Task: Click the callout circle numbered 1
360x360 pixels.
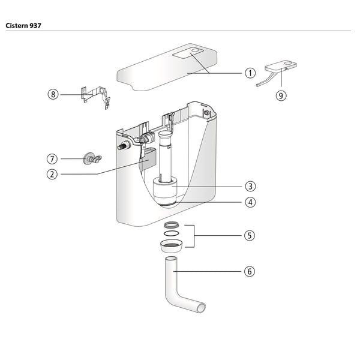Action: click(250, 73)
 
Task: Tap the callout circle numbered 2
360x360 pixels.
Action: click(53, 175)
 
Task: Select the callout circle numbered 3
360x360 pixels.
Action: click(250, 187)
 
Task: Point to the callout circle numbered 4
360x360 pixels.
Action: click(250, 202)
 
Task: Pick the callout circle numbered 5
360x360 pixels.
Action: click(250, 236)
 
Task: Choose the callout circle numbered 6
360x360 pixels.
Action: click(250, 271)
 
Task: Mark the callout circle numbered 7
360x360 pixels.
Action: click(53, 159)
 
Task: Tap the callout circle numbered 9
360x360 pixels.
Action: click(281, 95)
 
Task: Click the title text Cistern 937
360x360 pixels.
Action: click(23, 26)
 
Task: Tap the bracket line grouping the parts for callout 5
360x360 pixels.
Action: click(194, 236)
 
